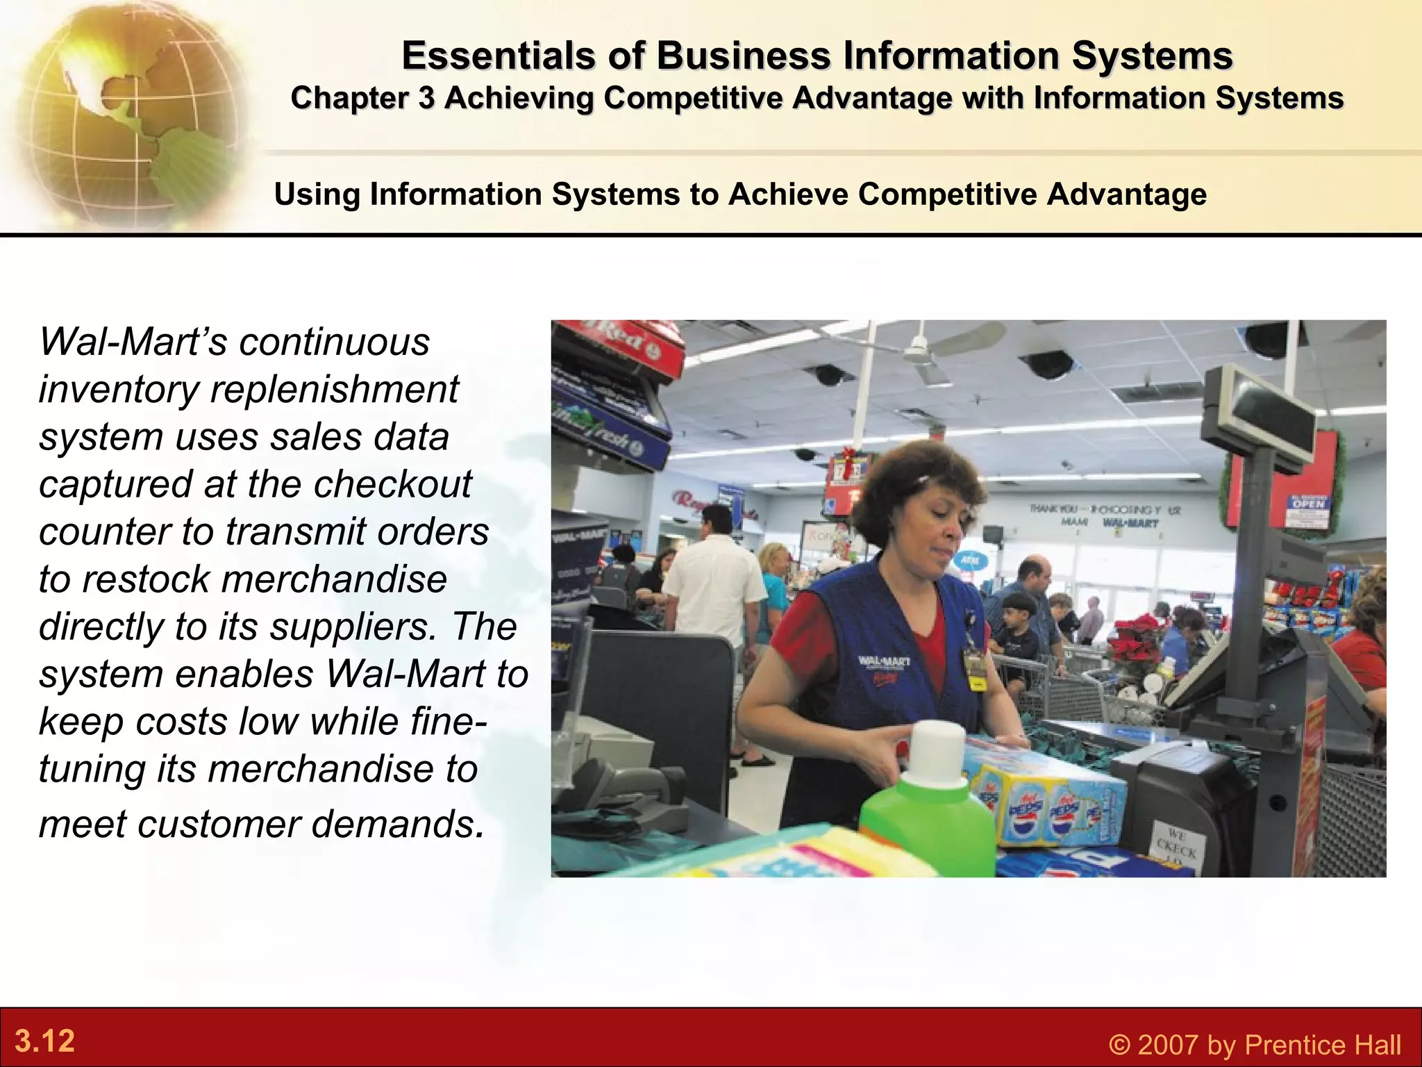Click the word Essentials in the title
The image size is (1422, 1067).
tap(498, 56)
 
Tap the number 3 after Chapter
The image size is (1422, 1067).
tap(426, 98)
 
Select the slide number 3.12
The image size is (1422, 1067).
tap(44, 1041)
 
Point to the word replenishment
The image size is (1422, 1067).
tap(334, 389)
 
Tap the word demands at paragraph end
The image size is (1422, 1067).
tap(396, 824)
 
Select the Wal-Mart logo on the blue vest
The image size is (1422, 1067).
tap(884, 661)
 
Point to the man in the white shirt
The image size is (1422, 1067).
tap(712, 590)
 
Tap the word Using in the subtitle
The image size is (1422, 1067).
tap(317, 194)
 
